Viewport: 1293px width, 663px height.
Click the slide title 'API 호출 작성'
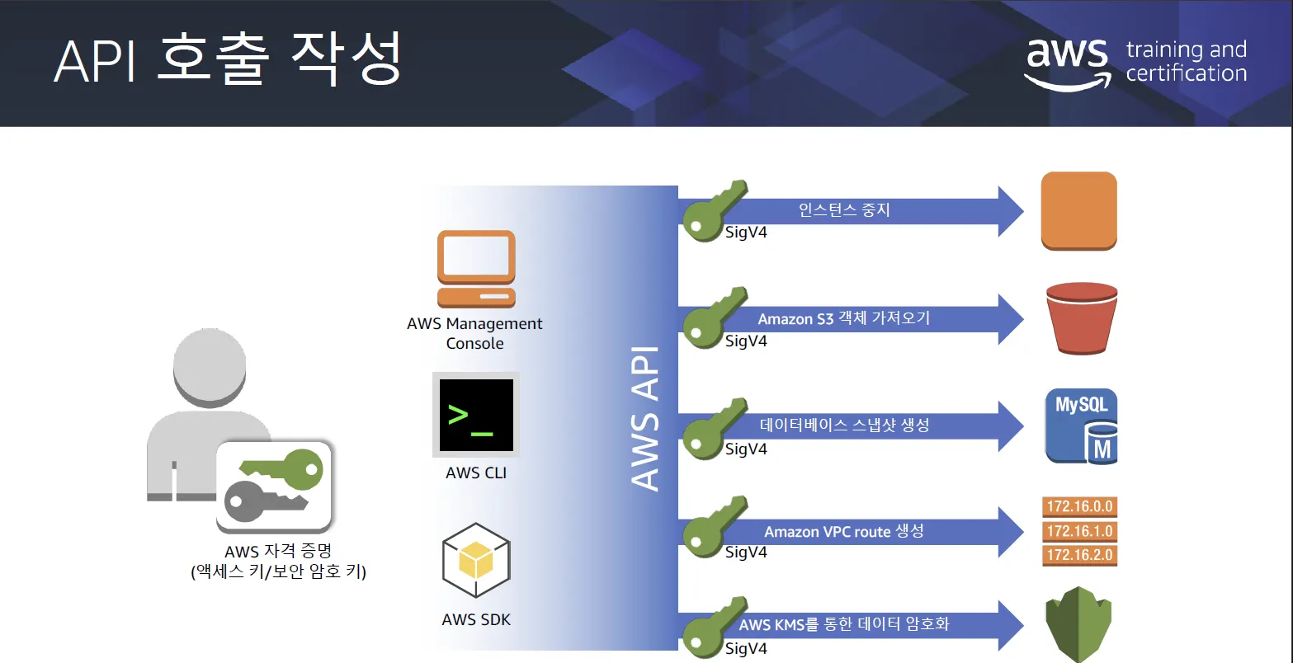coord(227,59)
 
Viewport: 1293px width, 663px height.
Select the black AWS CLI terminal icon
coord(476,415)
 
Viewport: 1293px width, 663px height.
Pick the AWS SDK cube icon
coord(476,560)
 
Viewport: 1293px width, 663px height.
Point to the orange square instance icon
coord(1078,210)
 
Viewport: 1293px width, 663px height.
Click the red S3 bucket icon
coord(1080,318)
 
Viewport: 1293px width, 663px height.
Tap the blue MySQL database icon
coord(1081,426)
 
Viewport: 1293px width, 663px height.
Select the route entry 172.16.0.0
coord(1079,506)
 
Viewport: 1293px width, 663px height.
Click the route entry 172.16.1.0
coord(1079,530)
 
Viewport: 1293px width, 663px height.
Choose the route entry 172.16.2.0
coord(1079,554)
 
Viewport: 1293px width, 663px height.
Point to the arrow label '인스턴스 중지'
coord(844,209)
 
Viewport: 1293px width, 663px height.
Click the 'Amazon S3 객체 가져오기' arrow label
coord(843,318)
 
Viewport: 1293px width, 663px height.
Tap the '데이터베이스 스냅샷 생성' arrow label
coord(844,426)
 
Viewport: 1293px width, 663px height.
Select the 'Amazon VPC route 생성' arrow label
coord(843,532)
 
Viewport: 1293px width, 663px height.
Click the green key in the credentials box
coord(281,467)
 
